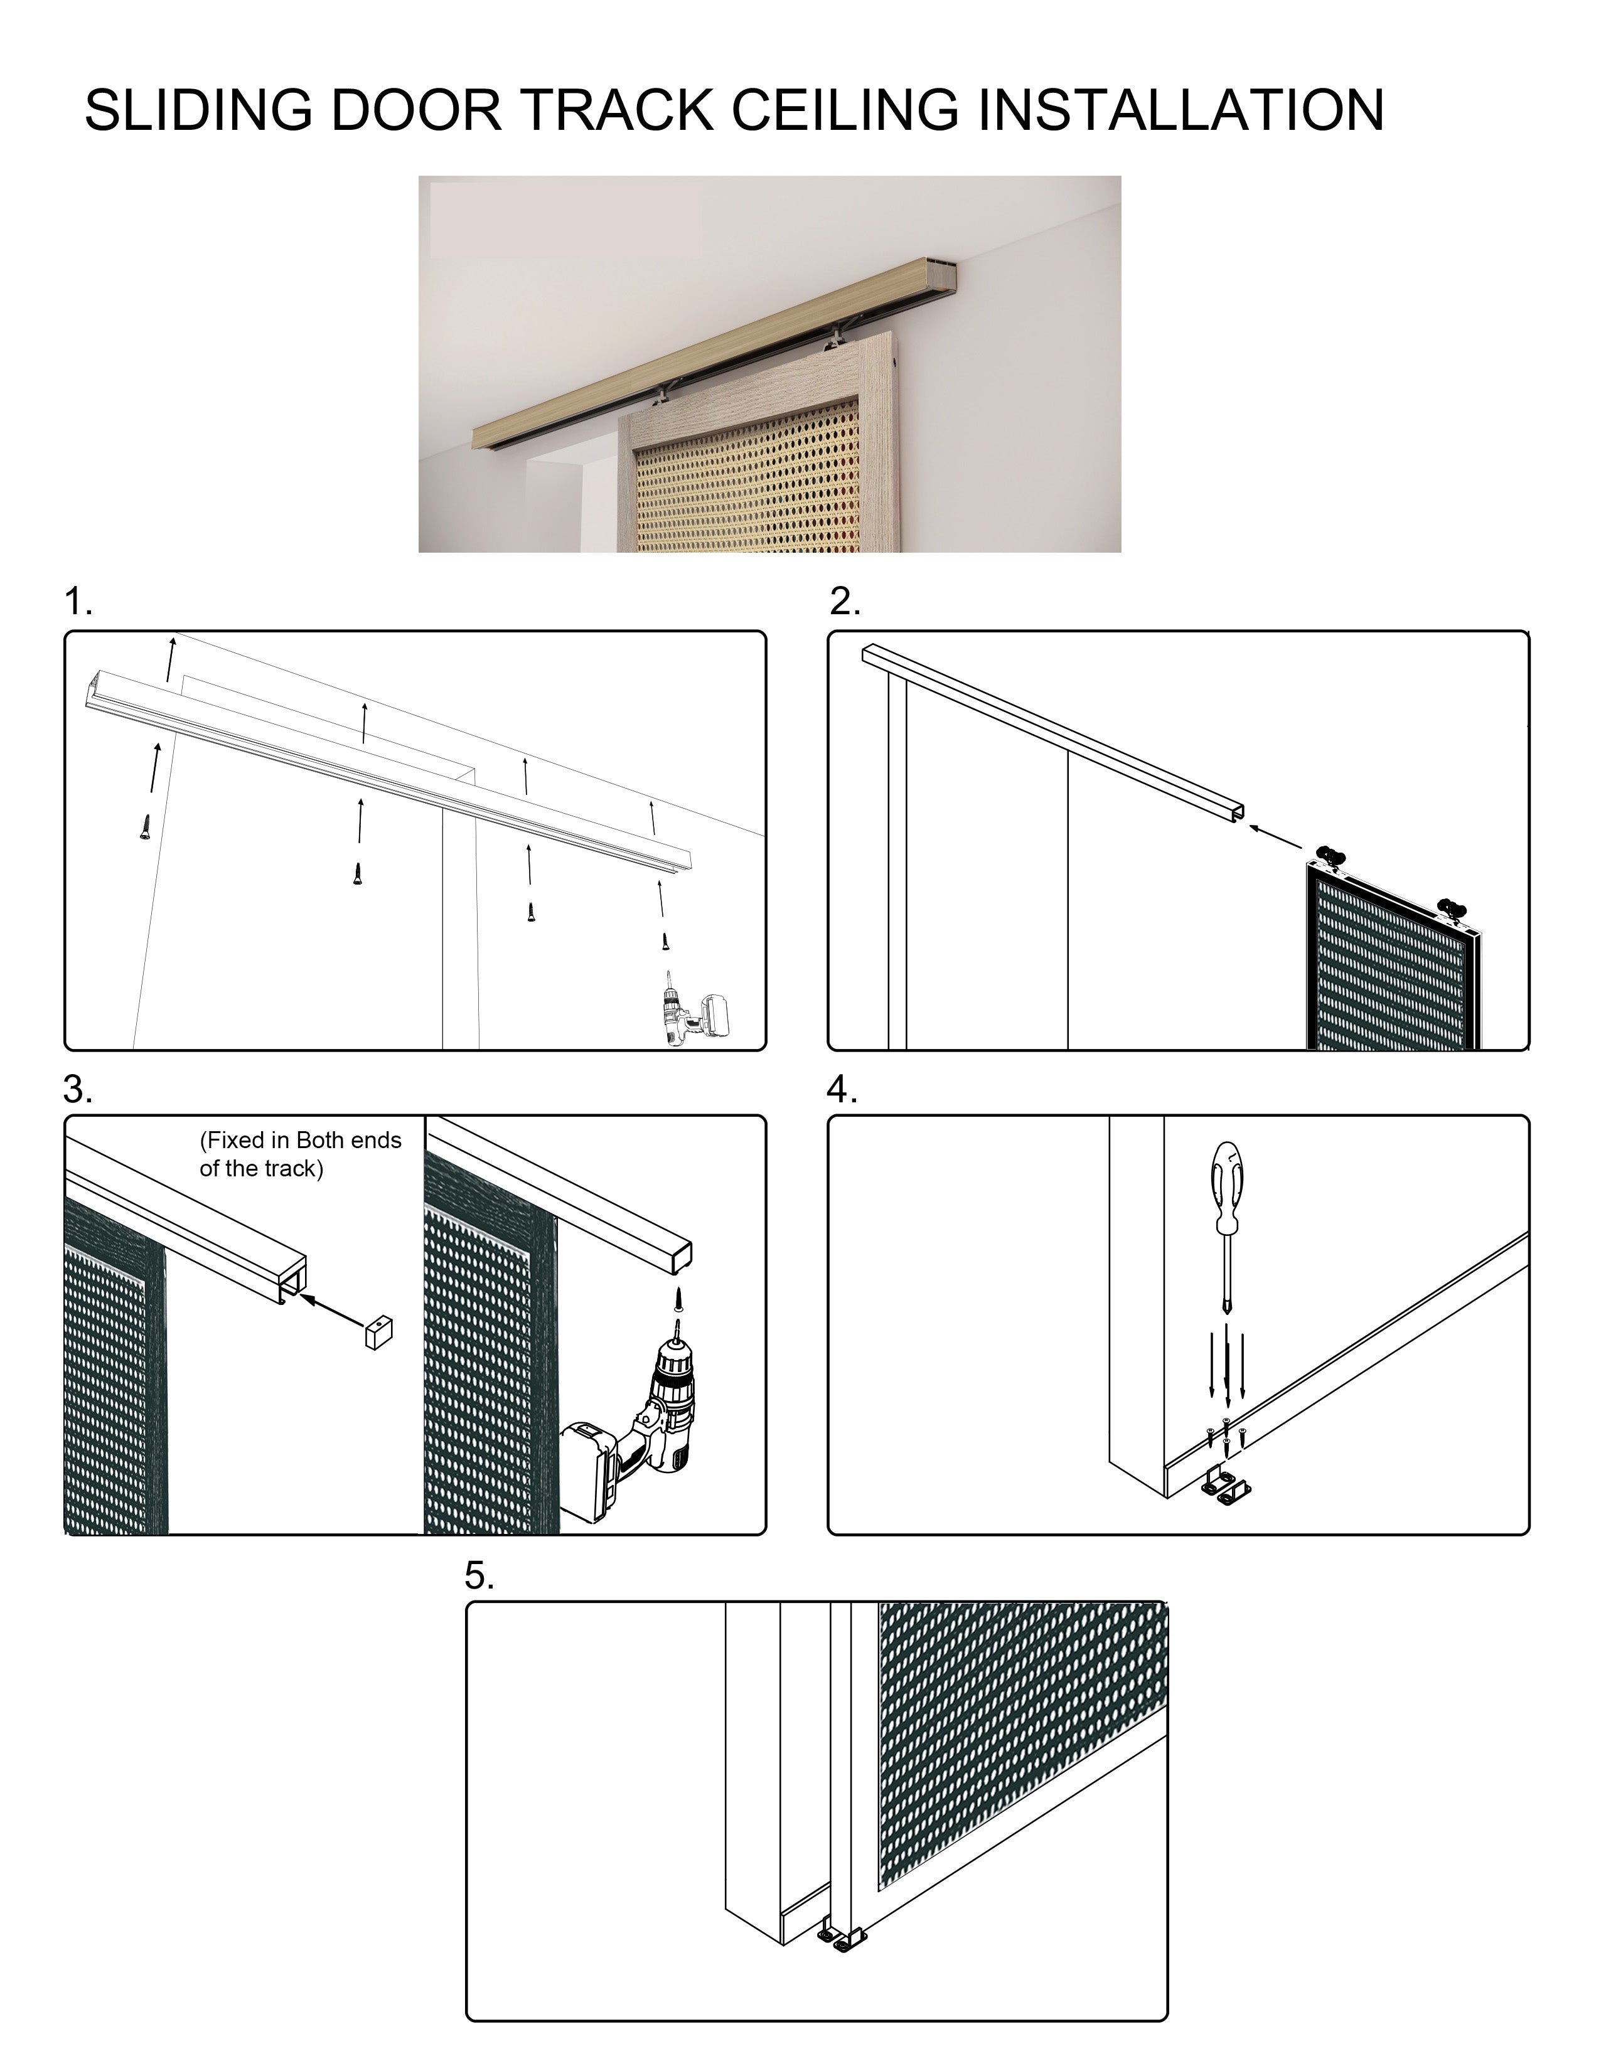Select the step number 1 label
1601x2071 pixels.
(x=78, y=602)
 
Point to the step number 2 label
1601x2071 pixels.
(x=844, y=602)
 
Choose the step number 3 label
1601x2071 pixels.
(x=78, y=1090)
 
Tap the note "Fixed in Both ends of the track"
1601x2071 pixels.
(x=301, y=1154)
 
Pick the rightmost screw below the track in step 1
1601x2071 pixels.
(x=666, y=940)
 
